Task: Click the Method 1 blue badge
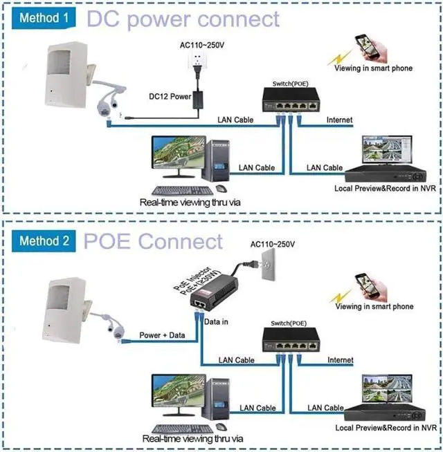[x=44, y=18]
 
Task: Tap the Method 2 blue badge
[x=44, y=241]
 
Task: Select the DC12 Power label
[x=170, y=96]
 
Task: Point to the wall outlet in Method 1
[x=197, y=60]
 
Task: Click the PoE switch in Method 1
[x=291, y=100]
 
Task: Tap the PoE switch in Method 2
[x=291, y=339]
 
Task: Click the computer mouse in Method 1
[x=221, y=189]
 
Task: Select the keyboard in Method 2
[x=183, y=429]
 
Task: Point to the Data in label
[x=216, y=321]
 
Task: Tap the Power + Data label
[x=162, y=335]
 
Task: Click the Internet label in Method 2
[x=341, y=360]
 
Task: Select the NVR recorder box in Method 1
[x=386, y=173]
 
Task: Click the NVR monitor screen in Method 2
[x=387, y=388]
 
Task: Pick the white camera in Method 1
[x=66, y=75]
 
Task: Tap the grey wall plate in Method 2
[x=269, y=264]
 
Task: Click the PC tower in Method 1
[x=216, y=160]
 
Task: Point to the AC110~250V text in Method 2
[x=273, y=245]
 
